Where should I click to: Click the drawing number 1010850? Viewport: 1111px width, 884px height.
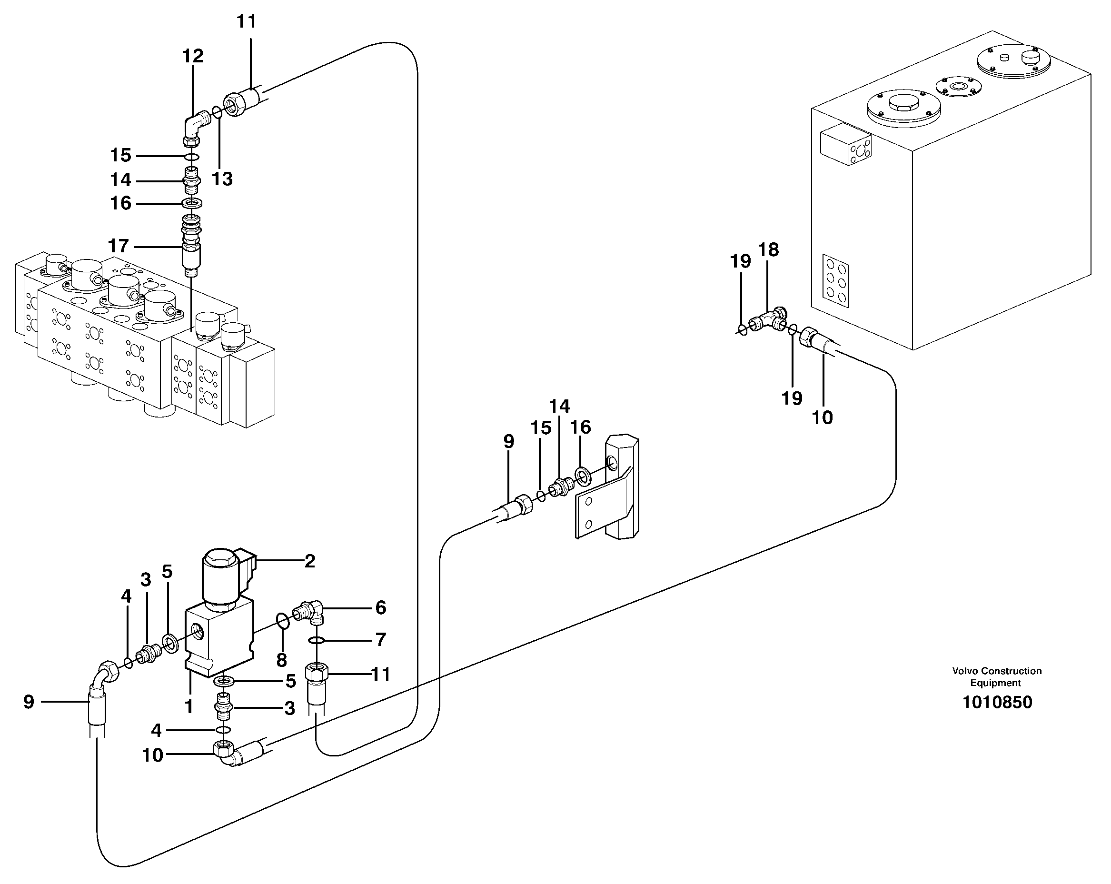point(997,703)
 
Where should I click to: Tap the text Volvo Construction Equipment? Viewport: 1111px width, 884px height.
point(997,677)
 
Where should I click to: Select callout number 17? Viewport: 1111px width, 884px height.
point(119,247)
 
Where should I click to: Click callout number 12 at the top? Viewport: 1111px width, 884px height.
point(193,56)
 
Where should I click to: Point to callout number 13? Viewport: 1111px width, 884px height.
point(222,179)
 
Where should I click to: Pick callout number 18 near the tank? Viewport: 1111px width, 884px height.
point(768,250)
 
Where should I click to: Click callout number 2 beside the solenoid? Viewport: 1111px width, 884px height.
point(309,561)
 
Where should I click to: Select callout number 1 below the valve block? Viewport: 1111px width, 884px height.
point(189,706)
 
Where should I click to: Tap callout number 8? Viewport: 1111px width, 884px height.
point(281,660)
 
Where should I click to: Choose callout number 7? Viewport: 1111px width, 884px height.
point(380,640)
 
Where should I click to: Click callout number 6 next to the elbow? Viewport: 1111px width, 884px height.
point(380,608)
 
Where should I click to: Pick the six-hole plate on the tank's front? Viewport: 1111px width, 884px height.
point(835,279)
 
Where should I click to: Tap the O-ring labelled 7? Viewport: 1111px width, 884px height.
point(317,641)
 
